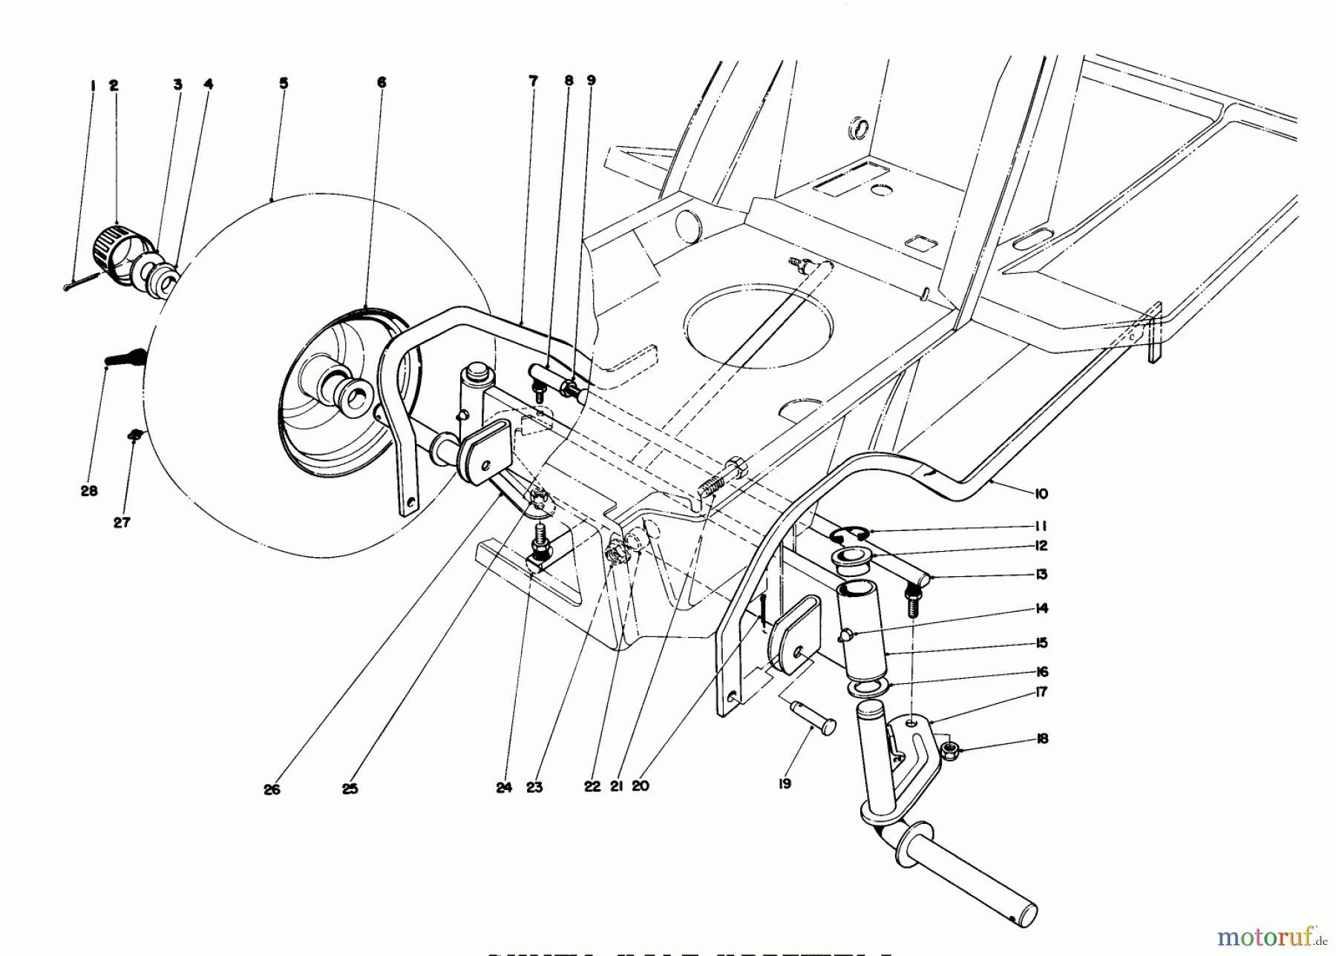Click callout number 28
pyautogui.click(x=89, y=491)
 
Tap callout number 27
pyautogui.click(x=122, y=522)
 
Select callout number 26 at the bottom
pyautogui.click(x=272, y=790)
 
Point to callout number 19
pyautogui.click(x=785, y=782)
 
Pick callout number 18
pyautogui.click(x=1042, y=739)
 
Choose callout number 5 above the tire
pyautogui.click(x=284, y=83)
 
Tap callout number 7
pyautogui.click(x=533, y=81)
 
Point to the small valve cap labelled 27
pyautogui.click(x=134, y=435)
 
